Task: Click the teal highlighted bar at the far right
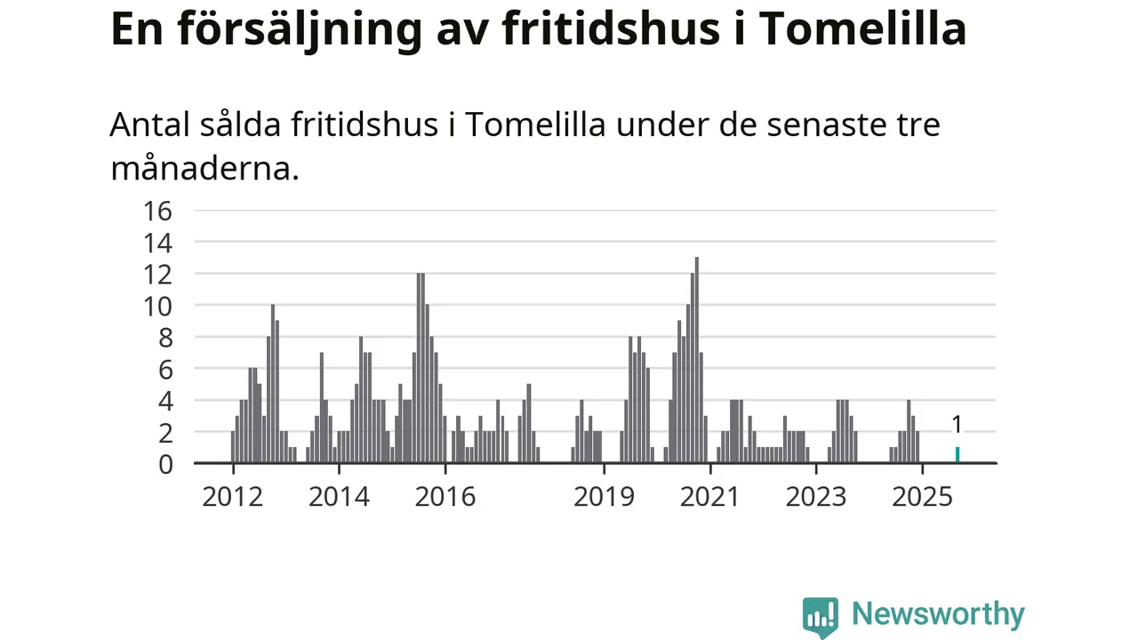pyautogui.click(x=958, y=454)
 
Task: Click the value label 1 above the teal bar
pyautogui.click(x=958, y=425)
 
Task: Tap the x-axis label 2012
pyautogui.click(x=232, y=496)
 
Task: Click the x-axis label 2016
pyautogui.click(x=445, y=496)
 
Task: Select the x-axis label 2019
pyautogui.click(x=604, y=496)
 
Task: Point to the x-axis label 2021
pyautogui.click(x=709, y=496)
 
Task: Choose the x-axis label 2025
pyautogui.click(x=923, y=496)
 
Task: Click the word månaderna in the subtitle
pyautogui.click(x=204, y=168)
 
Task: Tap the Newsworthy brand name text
pyautogui.click(x=938, y=614)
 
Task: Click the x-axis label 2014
pyautogui.click(x=339, y=496)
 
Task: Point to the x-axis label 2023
pyautogui.click(x=816, y=496)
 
